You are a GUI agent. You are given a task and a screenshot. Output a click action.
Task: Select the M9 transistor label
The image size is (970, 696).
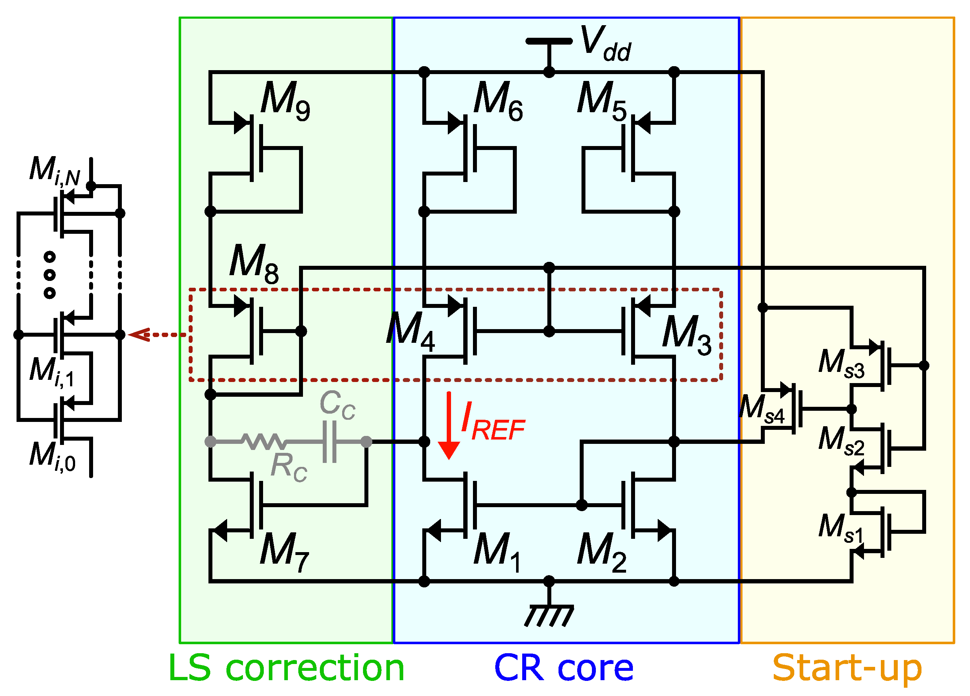tap(285, 101)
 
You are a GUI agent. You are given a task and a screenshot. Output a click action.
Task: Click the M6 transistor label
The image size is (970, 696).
tap(498, 101)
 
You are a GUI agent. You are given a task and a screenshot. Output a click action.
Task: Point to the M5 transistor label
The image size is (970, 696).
tap(601, 101)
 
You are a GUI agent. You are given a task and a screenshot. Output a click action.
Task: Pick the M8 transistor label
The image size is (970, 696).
tap(254, 264)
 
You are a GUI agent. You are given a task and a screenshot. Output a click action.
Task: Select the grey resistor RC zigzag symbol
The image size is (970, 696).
tap(262, 441)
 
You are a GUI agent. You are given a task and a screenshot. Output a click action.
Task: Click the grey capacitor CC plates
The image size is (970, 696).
tap(329, 441)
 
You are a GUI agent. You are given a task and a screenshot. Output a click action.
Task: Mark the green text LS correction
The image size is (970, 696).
tap(286, 668)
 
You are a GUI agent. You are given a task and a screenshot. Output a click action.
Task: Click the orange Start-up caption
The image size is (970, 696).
tap(847, 668)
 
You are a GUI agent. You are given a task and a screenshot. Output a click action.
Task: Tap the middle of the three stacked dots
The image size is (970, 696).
tap(50, 275)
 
